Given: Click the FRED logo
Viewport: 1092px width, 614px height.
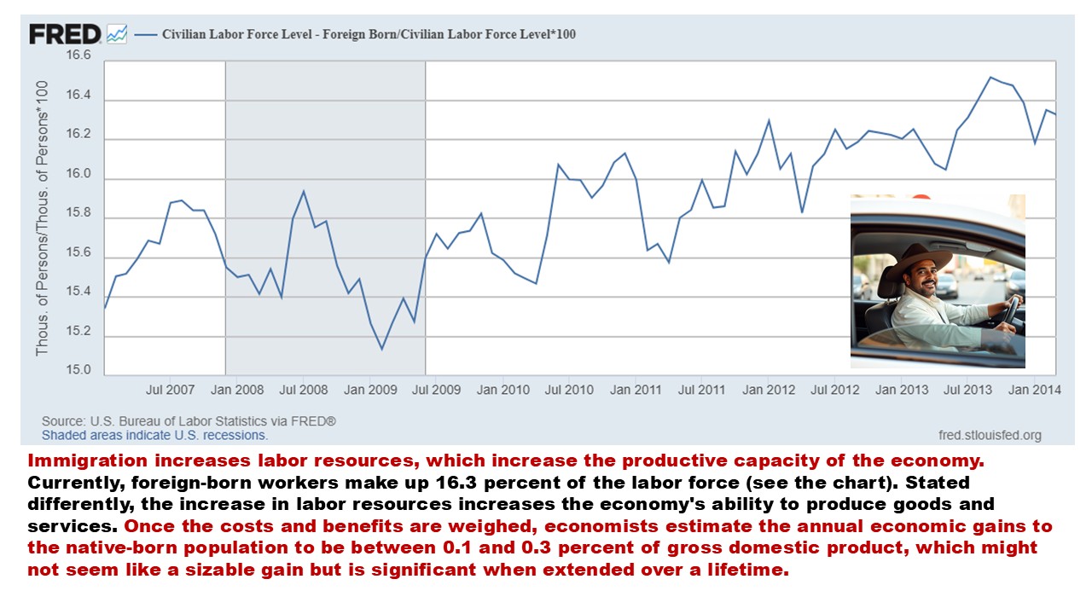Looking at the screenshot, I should coord(66,34).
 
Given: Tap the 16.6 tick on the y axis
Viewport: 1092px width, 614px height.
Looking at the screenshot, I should coord(78,55).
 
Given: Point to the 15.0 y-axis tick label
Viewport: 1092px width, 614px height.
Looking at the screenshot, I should coord(78,369).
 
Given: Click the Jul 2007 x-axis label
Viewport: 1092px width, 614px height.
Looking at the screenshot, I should coord(171,390).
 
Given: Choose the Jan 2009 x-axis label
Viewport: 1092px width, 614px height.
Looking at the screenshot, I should coord(370,390).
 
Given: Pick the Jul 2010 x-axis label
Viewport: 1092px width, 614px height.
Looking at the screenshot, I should coord(569,390).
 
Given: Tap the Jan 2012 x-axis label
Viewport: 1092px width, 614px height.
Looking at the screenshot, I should coord(769,390).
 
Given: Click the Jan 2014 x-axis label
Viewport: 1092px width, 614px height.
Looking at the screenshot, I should coord(1035,390).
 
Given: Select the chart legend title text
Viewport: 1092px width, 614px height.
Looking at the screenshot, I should coord(369,35).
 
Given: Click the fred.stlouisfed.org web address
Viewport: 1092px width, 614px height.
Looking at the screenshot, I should coord(990,435).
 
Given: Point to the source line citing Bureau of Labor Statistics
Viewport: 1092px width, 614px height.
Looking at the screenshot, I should coord(189,421).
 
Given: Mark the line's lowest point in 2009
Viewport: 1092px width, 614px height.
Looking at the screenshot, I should coord(381,349).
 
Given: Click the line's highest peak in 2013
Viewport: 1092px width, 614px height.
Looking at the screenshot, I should coord(990,78).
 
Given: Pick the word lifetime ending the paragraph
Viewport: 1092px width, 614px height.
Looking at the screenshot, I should coord(748,570).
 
